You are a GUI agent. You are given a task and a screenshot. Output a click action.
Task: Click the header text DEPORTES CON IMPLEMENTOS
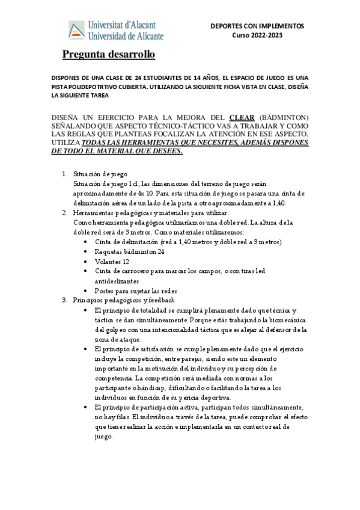tap(257, 26)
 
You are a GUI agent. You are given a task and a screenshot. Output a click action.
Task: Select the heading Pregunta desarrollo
tap(109, 55)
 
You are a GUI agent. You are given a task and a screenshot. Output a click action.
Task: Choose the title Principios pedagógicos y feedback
tap(123, 300)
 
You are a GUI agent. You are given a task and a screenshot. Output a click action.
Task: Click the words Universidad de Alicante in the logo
tap(126, 36)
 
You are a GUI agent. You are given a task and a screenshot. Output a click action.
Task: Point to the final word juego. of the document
tap(104, 437)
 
